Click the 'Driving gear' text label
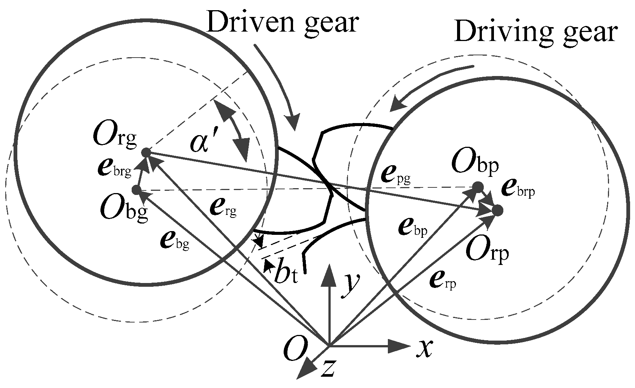tap(535, 33)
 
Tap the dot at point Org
tap(146, 153)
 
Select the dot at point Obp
tap(478, 187)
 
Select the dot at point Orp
tap(497, 210)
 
